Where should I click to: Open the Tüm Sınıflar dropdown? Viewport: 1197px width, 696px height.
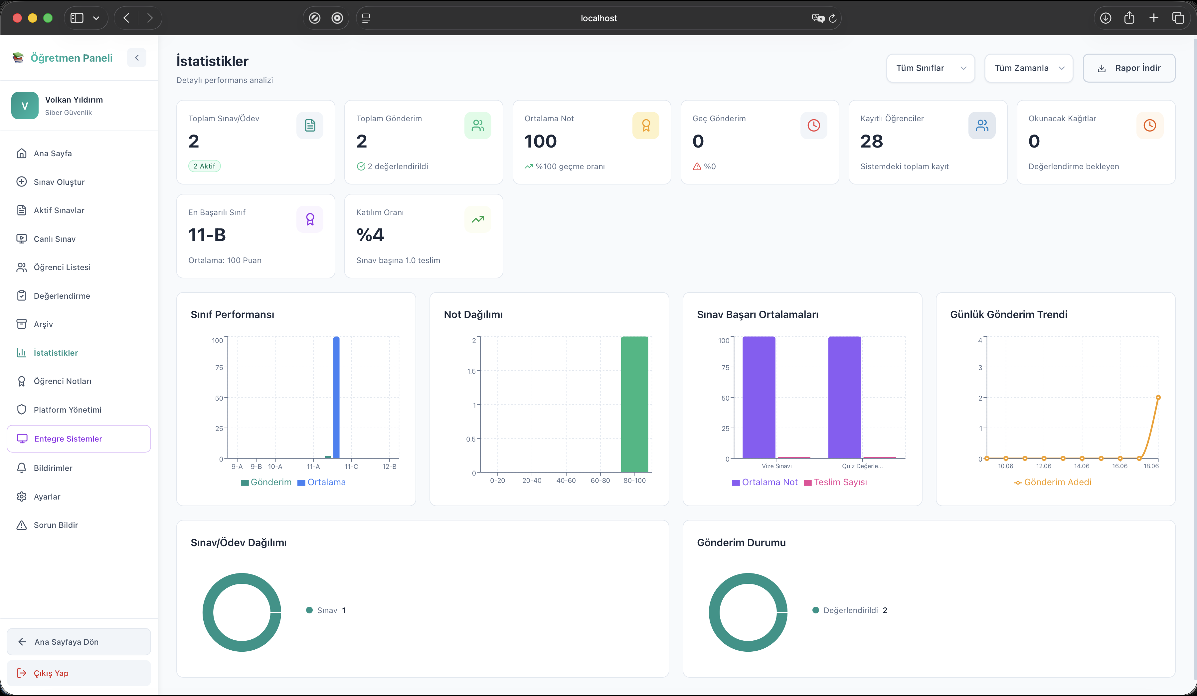pyautogui.click(x=931, y=68)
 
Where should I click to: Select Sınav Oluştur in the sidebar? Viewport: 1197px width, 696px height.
pyautogui.click(x=59, y=181)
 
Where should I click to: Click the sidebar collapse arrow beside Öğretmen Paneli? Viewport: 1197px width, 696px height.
pyautogui.click(x=137, y=58)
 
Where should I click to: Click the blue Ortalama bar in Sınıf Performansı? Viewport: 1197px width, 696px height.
pyautogui.click(x=336, y=397)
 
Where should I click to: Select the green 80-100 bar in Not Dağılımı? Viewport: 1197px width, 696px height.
pyautogui.click(x=634, y=404)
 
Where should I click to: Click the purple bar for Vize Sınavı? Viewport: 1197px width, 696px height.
pyautogui.click(x=759, y=397)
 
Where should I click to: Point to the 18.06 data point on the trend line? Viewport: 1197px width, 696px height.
pyautogui.click(x=1158, y=397)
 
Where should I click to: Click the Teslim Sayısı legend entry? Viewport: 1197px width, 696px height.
pyautogui.click(x=835, y=482)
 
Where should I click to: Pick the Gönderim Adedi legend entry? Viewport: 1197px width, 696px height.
pyautogui.click(x=1053, y=482)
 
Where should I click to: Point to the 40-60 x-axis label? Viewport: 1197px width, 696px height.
pyautogui.click(x=566, y=481)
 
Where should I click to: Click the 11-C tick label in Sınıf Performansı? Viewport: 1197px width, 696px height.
pyautogui.click(x=351, y=466)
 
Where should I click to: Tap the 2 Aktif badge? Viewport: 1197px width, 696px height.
pyautogui.click(x=204, y=166)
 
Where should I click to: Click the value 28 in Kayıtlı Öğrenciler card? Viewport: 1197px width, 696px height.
pyautogui.click(x=872, y=141)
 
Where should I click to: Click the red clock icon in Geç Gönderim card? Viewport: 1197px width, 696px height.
pyautogui.click(x=814, y=126)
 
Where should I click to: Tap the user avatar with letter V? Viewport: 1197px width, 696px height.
pyautogui.click(x=25, y=106)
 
